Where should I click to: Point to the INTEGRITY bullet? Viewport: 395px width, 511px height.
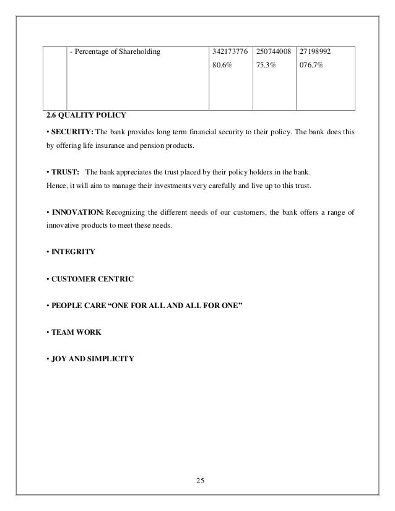pyautogui.click(x=73, y=252)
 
